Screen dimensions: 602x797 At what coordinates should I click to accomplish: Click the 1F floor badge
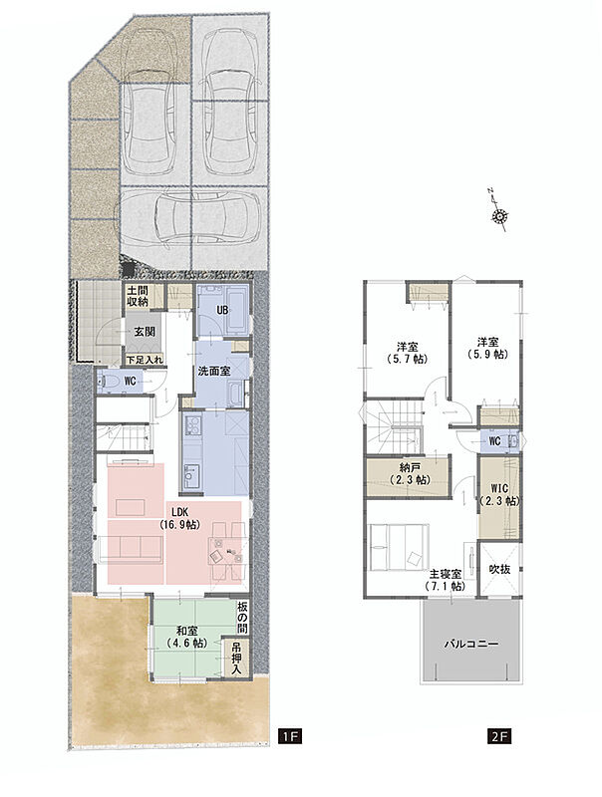click(x=290, y=736)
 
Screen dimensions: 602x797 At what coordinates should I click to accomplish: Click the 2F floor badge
click(x=498, y=736)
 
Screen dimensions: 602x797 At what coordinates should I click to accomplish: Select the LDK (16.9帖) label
click(x=179, y=518)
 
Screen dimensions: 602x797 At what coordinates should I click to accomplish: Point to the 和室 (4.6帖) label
click(x=186, y=637)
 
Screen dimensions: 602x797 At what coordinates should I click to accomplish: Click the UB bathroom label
click(x=222, y=310)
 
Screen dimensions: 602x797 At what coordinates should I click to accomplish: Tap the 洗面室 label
click(x=213, y=372)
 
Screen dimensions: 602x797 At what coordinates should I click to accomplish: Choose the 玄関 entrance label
click(x=145, y=332)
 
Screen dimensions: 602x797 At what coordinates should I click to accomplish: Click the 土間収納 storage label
click(x=138, y=296)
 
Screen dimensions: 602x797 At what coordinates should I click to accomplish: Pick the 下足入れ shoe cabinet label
click(x=145, y=360)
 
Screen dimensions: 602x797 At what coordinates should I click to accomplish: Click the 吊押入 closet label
click(x=237, y=661)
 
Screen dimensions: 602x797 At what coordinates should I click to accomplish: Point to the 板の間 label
click(x=242, y=618)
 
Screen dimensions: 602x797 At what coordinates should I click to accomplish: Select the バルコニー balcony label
click(x=471, y=644)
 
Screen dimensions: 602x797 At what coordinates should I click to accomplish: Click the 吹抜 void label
click(x=499, y=569)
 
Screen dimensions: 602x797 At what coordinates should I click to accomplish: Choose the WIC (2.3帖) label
click(x=499, y=495)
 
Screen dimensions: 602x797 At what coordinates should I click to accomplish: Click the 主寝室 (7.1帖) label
click(x=446, y=580)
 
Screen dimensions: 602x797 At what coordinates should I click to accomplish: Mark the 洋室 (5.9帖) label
click(x=487, y=348)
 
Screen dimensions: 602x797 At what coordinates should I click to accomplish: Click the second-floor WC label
click(x=494, y=441)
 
